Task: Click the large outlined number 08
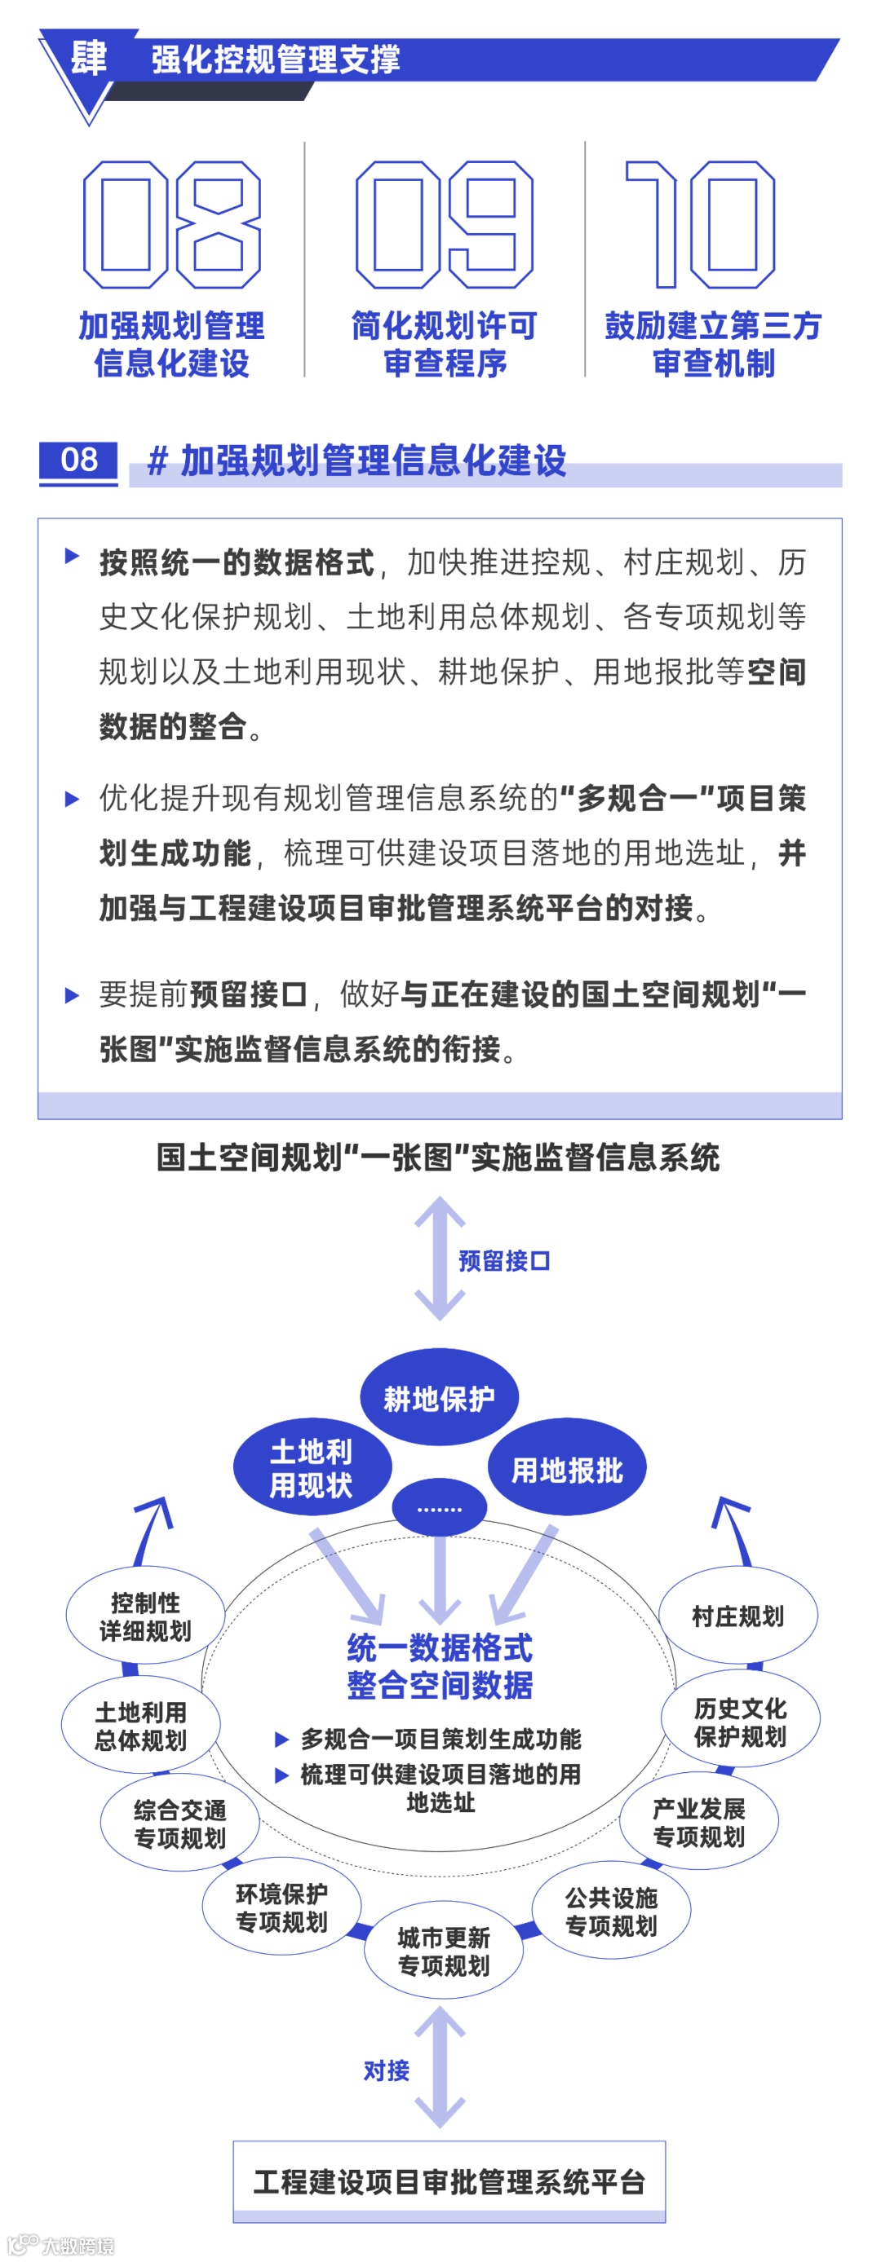[171, 225]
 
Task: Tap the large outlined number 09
[444, 225]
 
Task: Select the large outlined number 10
[700, 225]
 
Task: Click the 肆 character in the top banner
[89, 59]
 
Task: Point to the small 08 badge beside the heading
[78, 460]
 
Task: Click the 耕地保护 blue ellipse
[439, 1397]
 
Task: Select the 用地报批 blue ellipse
[568, 1469]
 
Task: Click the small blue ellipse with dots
[439, 1509]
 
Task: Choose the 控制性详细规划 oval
[146, 1616]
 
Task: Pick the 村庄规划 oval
[737, 1616]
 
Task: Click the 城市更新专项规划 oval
[444, 1951]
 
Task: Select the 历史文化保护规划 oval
[741, 1722]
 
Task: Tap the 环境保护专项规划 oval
[282, 1907]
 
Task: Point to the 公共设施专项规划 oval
[611, 1911]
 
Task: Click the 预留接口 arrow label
[504, 1261]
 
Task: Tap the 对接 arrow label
[387, 2070]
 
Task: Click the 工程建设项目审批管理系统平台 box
[449, 2182]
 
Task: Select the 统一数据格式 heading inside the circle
[440, 1647]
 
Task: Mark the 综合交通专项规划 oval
[180, 1823]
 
